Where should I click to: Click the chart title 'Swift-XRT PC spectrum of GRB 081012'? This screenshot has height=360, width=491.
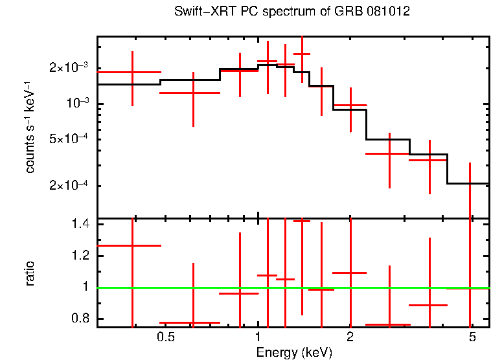[292, 12]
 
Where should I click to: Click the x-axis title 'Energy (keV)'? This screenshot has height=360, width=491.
[293, 352]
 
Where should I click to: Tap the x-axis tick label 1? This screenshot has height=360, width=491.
[258, 337]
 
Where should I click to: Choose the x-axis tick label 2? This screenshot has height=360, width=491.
[350, 337]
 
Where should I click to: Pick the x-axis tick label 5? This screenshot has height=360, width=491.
[472, 337]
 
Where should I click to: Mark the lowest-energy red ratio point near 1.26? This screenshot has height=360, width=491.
[132, 245]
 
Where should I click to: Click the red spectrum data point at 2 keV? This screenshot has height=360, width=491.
[350, 105]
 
